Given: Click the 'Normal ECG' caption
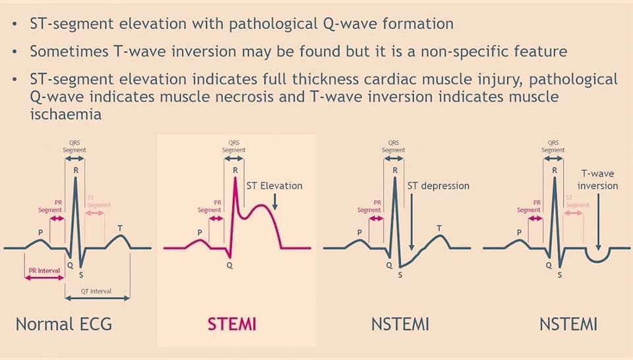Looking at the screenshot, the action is click(64, 324).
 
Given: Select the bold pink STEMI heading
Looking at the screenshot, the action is click(232, 324).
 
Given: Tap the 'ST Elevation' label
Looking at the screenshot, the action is click(274, 186).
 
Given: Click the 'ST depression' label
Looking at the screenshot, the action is click(438, 186).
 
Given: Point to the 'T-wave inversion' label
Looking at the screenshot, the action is click(597, 179).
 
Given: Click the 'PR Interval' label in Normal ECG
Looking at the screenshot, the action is click(44, 271).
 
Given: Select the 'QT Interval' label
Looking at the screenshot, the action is click(96, 291).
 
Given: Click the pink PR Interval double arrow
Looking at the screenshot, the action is click(44, 278).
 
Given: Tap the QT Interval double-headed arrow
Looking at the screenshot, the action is click(98, 298).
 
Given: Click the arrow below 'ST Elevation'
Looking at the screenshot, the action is click(274, 201).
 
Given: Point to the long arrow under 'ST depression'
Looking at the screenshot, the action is click(411, 222).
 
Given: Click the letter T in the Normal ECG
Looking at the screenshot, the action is click(120, 228).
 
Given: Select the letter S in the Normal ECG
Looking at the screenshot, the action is click(81, 275).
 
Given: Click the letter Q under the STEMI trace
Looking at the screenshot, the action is click(229, 265).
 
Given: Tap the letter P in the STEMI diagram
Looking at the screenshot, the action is click(199, 233).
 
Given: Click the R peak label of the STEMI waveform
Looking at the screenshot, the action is click(235, 170).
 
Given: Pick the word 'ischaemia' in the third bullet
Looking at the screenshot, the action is click(65, 114).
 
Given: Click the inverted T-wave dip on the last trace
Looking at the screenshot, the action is click(598, 262).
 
